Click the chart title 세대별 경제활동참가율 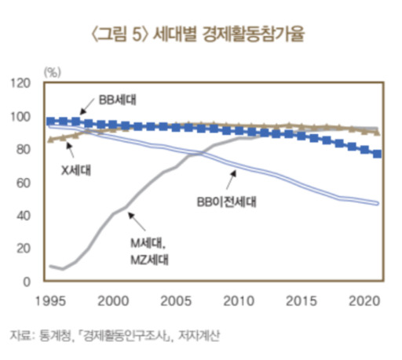pyautogui.click(x=200, y=35)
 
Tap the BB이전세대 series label pyautogui.click(x=228, y=202)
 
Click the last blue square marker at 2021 pyautogui.click(x=378, y=154)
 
